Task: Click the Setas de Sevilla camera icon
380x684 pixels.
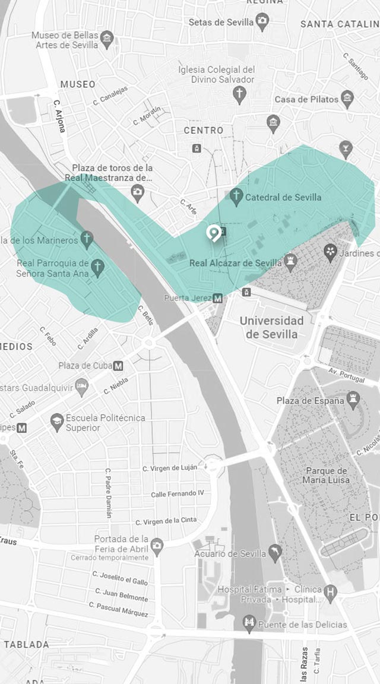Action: [262, 23]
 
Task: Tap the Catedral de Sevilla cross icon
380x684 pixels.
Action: [237, 197]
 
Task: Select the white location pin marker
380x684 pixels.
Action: [212, 233]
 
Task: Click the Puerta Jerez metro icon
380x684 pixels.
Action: [218, 298]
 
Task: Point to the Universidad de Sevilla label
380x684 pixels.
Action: [271, 327]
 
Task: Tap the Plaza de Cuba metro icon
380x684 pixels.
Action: [119, 365]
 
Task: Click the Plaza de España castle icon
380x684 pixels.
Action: [354, 401]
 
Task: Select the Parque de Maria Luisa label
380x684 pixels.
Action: [325, 475]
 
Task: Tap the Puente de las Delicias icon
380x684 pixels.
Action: [250, 624]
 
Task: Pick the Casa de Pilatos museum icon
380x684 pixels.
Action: [347, 99]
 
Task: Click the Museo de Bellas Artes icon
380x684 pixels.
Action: [107, 40]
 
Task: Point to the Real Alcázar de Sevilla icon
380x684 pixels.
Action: [290, 262]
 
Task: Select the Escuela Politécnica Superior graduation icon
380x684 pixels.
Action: [57, 422]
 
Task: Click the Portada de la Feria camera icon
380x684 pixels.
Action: [157, 544]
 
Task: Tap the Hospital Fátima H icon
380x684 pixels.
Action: [331, 591]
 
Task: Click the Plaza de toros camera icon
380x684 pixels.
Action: [138, 191]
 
